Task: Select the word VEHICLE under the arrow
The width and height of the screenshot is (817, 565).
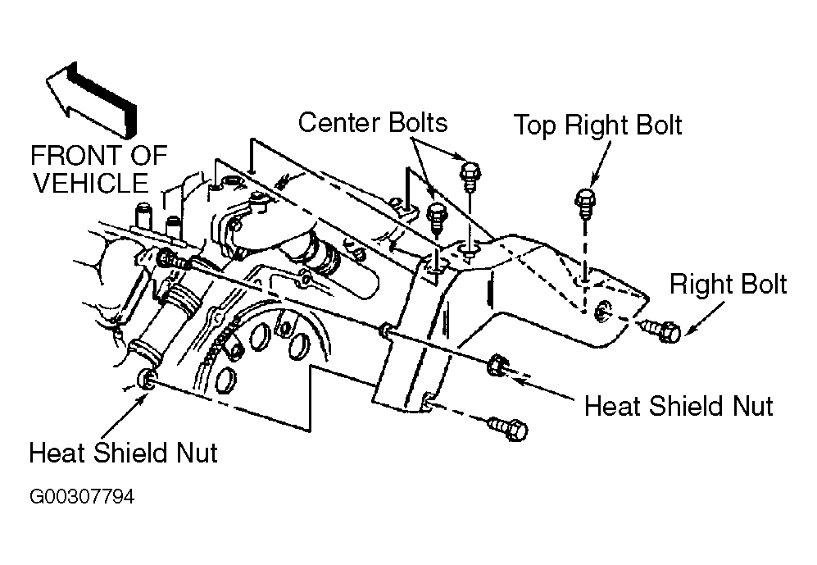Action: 91,183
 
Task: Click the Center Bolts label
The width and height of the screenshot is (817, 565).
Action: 373,122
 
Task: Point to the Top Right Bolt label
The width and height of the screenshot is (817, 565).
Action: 598,125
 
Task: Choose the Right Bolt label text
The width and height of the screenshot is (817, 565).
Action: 728,285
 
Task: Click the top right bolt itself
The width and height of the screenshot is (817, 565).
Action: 586,206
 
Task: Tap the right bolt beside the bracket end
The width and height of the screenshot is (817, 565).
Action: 660,330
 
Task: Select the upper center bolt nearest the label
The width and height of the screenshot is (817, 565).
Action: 470,175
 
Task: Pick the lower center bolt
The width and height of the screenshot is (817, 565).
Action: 437,216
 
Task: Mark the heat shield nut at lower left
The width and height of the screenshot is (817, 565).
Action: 145,379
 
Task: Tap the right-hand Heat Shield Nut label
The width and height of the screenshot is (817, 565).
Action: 679,406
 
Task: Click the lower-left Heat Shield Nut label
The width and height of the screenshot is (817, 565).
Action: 124,453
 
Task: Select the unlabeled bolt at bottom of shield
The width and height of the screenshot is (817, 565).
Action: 508,428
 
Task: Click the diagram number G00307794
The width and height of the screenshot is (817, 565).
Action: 82,497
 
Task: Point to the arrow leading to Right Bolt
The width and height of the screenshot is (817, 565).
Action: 704,317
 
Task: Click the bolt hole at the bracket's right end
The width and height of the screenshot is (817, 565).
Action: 601,311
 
